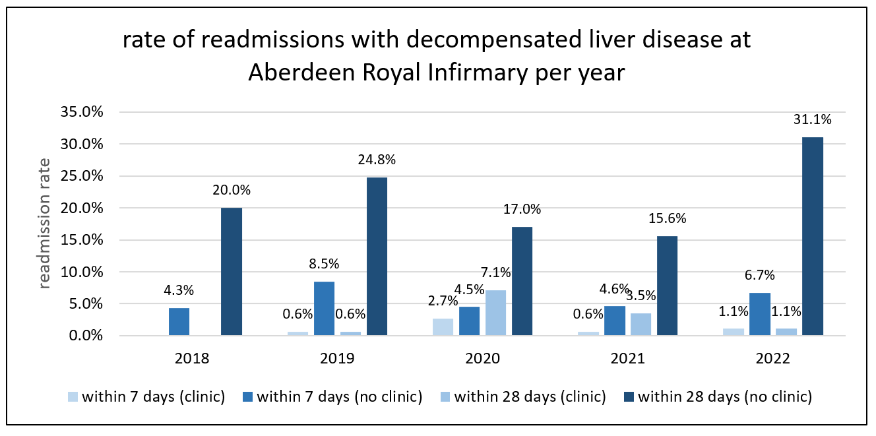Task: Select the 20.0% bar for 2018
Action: click(x=232, y=272)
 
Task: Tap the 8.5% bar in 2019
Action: click(x=324, y=309)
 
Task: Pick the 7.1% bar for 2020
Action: click(x=495, y=313)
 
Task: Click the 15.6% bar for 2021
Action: click(x=667, y=286)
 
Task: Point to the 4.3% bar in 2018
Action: click(x=179, y=322)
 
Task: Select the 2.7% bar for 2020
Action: click(x=443, y=327)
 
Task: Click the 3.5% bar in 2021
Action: click(x=641, y=325)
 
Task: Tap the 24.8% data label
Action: click(x=377, y=160)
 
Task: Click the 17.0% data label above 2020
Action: click(x=522, y=210)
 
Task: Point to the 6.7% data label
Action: click(x=759, y=275)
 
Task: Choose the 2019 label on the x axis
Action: click(x=337, y=359)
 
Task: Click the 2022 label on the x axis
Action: click(x=772, y=359)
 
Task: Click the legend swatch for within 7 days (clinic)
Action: click(x=73, y=397)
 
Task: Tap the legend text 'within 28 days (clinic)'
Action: click(x=530, y=397)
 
